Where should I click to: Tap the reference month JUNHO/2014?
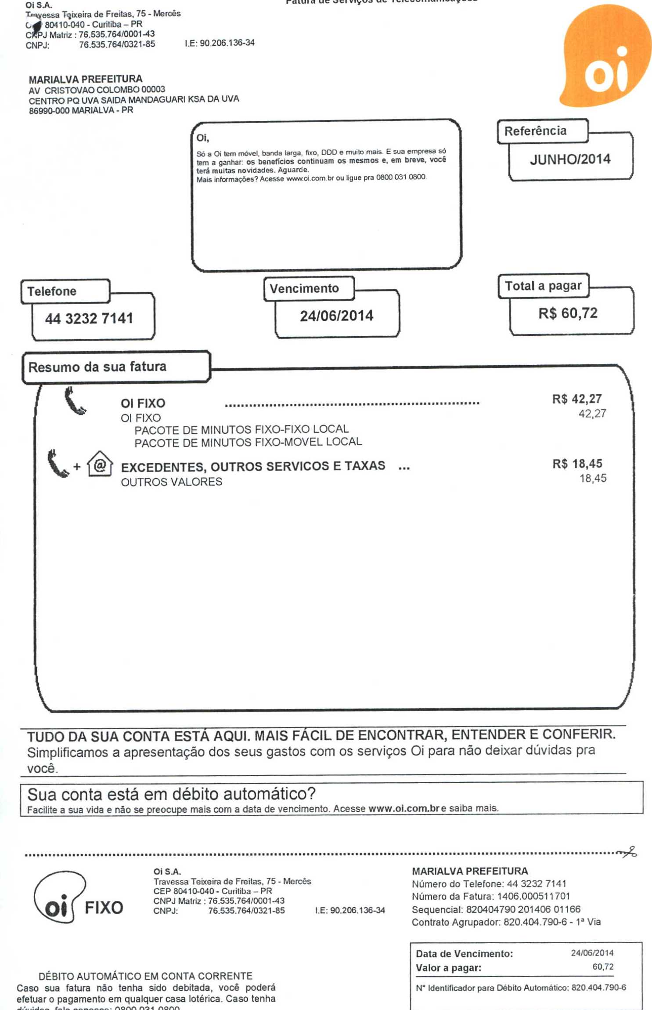coord(570,159)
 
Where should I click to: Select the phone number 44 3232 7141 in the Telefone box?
coord(89,318)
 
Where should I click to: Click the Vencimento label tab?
coord(305,289)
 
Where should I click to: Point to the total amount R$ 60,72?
coord(568,313)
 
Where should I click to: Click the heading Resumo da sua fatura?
coord(97,367)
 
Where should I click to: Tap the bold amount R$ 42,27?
coord(576,399)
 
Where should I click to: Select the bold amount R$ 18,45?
coord(577,464)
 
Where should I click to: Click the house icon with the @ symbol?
coord(100,464)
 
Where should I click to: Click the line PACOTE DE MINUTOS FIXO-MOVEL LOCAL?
coord(248,442)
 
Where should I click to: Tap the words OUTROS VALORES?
coord(171,482)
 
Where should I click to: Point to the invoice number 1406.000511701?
coord(533,897)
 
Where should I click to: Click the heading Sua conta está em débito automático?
coord(171,794)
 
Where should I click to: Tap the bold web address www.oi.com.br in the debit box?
coord(404,808)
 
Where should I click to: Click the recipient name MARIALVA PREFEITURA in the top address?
coord(86,80)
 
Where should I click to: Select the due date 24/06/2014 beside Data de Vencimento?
coord(592,953)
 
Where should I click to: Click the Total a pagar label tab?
coord(543,286)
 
